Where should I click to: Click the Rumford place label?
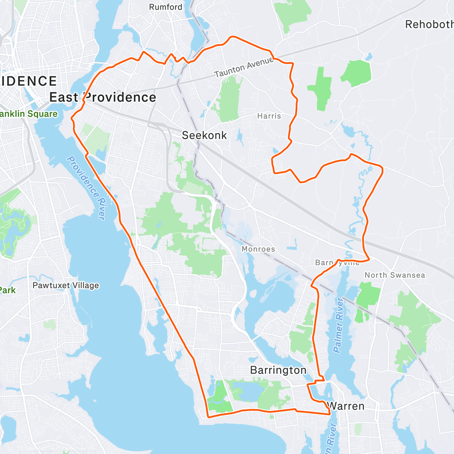[165, 7]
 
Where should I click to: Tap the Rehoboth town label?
[429, 25]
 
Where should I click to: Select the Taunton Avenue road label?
[244, 67]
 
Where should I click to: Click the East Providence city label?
[103, 97]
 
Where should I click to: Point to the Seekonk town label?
[204, 135]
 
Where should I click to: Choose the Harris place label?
[269, 116]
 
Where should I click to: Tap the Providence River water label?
[86, 188]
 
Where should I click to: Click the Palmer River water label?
[339, 325]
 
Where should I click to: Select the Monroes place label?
[258, 249]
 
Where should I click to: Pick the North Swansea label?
[395, 275]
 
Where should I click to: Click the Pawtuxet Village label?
[66, 285]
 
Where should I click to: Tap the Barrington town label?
[278, 370]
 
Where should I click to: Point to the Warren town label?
[346, 406]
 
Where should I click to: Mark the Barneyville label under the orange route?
[337, 263]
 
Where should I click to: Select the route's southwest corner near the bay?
[208, 417]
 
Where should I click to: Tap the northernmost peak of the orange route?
[232, 37]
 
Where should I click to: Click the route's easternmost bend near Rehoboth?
[382, 170]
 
